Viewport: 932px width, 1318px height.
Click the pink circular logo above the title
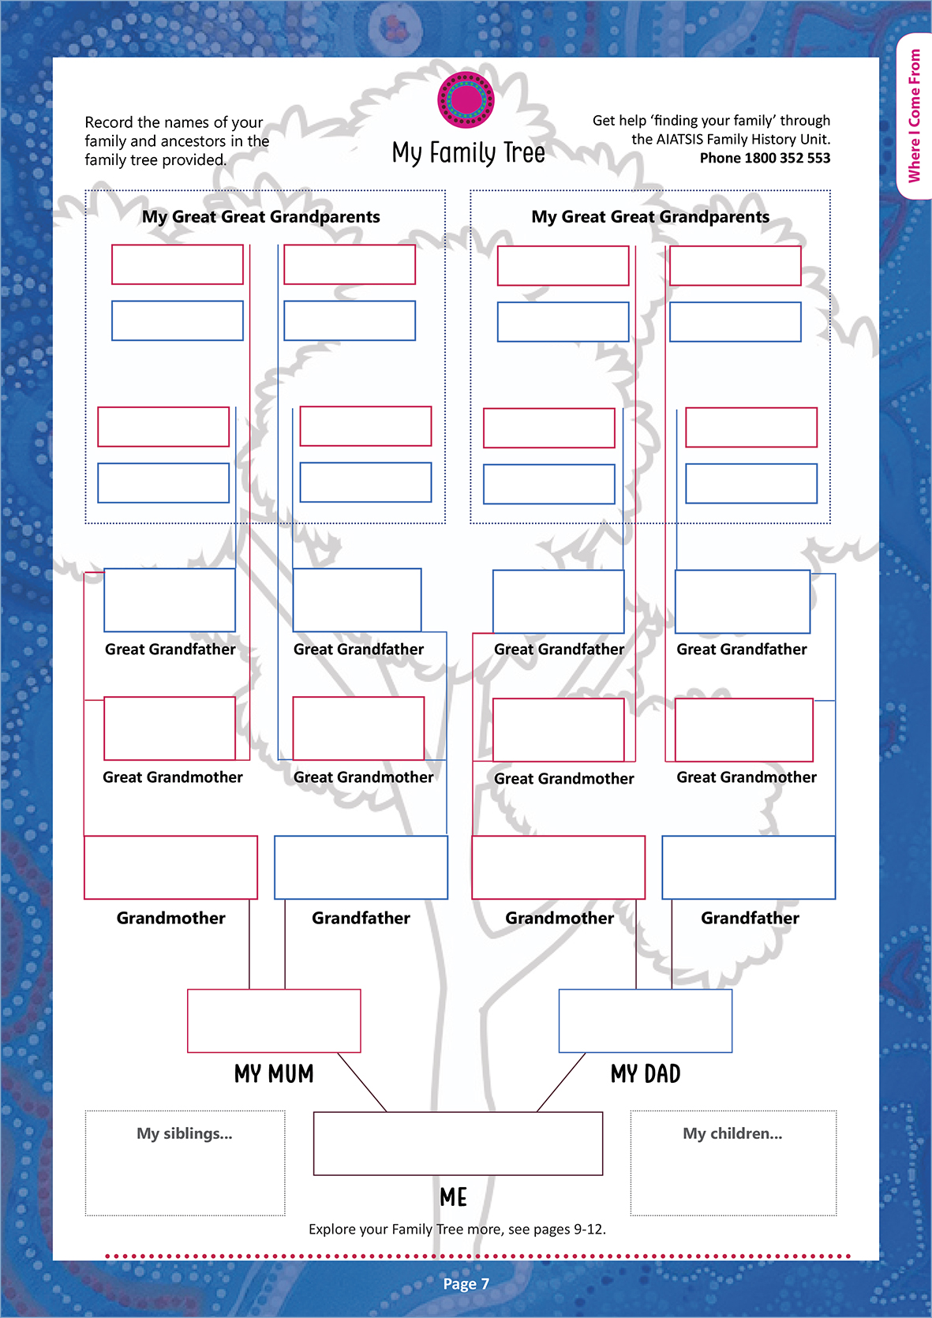point(466,99)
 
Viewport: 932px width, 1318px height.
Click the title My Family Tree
point(468,152)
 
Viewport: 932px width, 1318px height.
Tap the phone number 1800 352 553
point(787,158)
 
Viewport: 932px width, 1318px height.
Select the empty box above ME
point(458,1143)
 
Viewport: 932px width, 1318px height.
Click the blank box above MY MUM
point(274,1020)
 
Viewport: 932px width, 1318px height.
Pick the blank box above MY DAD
point(645,1020)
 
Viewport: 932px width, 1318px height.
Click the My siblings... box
point(185,1163)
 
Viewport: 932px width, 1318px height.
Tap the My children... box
point(733,1163)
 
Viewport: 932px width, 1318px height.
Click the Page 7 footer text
point(466,1284)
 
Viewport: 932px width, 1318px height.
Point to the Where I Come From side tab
point(915,115)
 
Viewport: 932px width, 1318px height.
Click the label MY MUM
point(274,1074)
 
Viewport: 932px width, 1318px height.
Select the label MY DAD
point(645,1074)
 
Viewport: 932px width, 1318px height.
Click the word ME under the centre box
point(454,1197)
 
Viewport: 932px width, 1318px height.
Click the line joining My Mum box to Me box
point(362,1082)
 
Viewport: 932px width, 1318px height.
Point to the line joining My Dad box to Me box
point(561,1082)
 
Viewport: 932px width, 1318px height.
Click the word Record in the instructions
point(109,122)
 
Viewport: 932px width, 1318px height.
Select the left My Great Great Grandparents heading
point(260,217)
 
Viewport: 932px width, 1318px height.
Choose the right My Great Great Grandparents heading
point(650,217)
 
